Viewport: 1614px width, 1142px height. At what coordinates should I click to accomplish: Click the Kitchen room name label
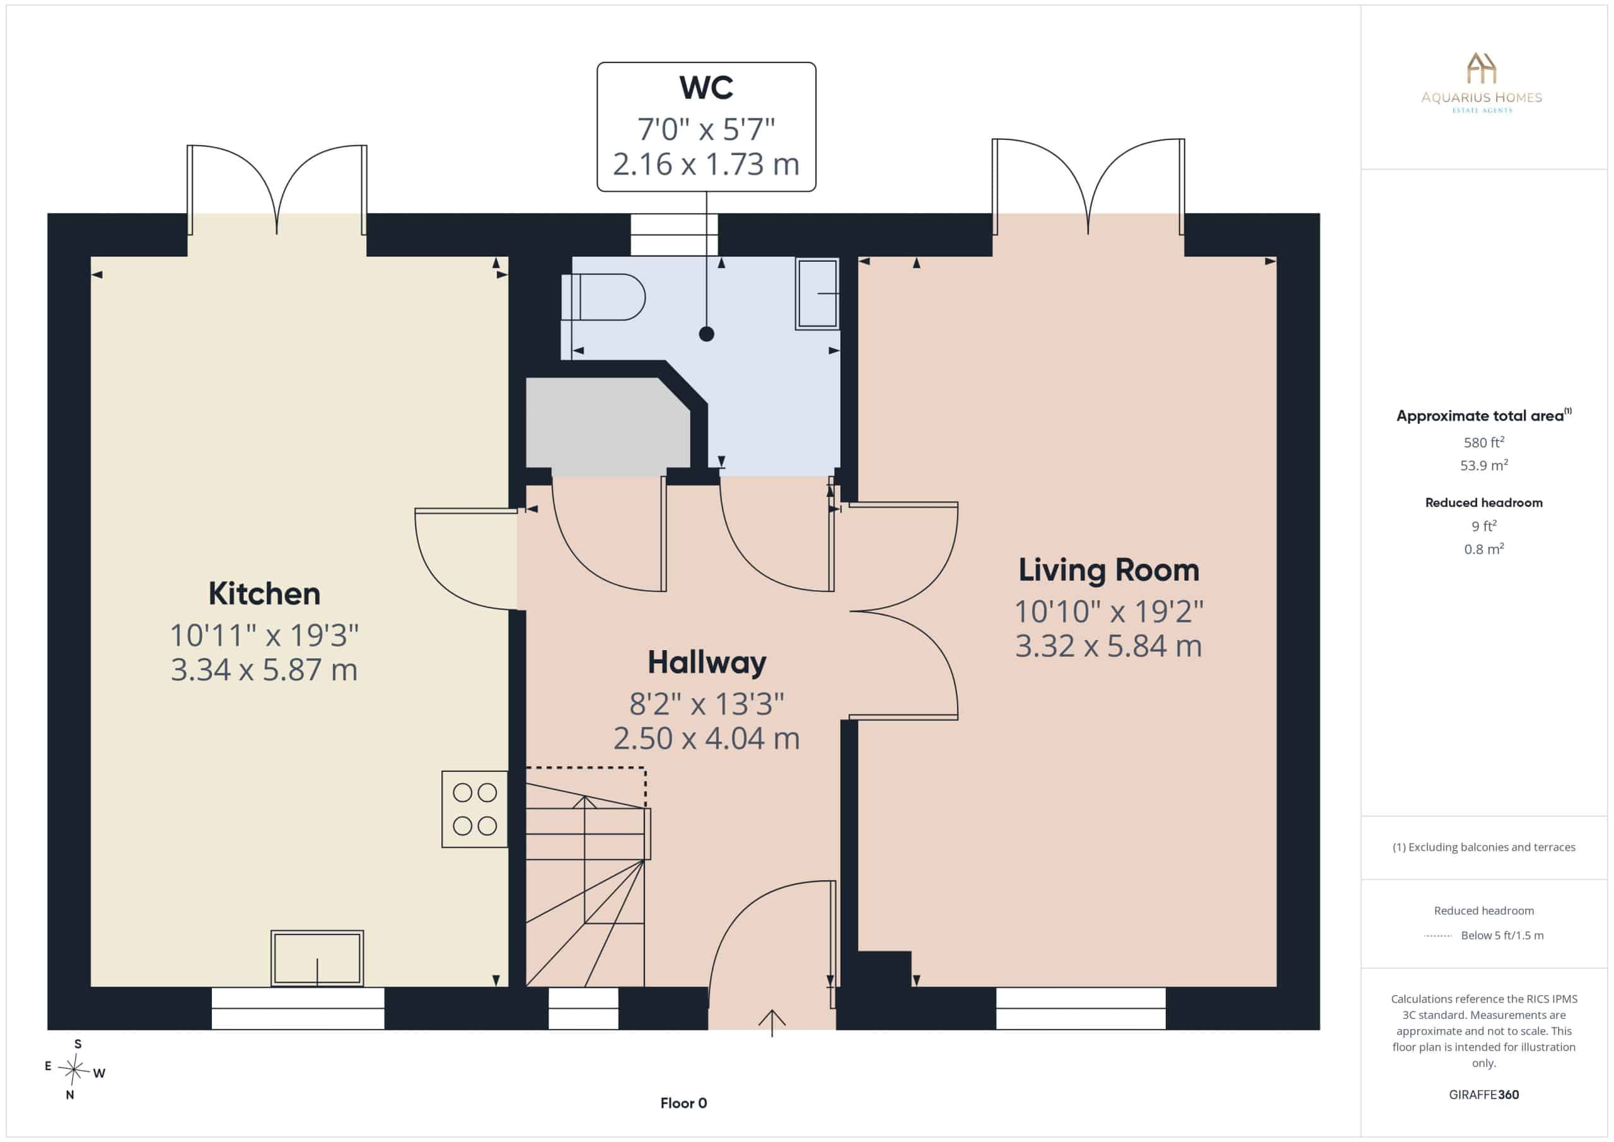point(264,594)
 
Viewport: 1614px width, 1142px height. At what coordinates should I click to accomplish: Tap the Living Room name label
point(1108,570)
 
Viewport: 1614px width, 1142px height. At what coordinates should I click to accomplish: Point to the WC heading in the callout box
point(707,88)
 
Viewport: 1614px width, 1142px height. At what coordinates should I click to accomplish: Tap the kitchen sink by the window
point(317,958)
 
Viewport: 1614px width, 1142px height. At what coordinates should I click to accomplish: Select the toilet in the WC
point(603,298)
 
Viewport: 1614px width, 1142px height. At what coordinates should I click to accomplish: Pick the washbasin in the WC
point(817,293)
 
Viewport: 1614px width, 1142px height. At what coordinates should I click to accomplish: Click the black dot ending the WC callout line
point(707,334)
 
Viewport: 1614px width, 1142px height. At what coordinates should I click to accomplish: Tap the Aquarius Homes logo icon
point(1481,67)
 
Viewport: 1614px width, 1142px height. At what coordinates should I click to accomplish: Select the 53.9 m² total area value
point(1484,465)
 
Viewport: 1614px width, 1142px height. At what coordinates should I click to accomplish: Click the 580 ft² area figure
point(1484,442)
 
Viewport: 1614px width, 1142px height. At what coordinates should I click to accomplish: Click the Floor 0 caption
point(683,1104)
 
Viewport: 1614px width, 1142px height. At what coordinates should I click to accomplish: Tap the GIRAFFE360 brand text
point(1484,1095)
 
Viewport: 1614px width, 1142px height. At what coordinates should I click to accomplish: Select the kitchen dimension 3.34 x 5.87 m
point(264,670)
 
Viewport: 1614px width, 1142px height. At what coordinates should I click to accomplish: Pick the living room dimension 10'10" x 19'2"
point(1108,612)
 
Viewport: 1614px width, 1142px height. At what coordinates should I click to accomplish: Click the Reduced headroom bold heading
point(1484,503)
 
